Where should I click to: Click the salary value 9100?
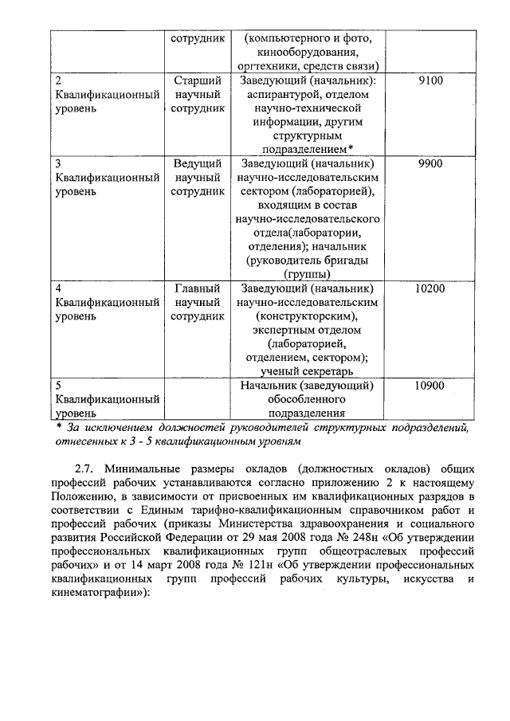coord(430,80)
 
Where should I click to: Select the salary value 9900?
coord(430,163)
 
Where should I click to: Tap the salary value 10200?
coord(430,288)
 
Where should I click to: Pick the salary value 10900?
coord(430,385)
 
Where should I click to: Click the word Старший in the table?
coord(197,80)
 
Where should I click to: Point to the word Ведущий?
coord(197,163)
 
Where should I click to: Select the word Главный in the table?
coord(197,288)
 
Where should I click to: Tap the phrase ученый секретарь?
coord(307,370)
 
